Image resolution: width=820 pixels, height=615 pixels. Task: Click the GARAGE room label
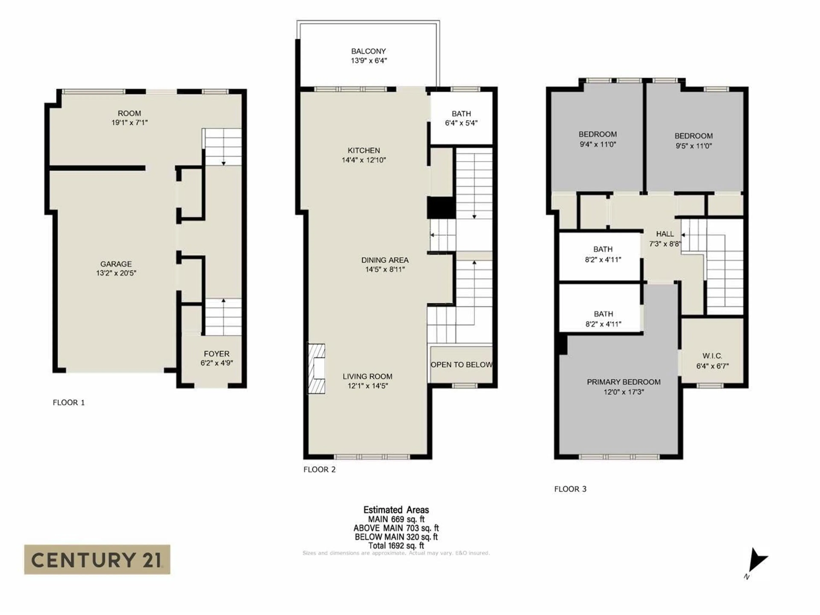tap(116, 264)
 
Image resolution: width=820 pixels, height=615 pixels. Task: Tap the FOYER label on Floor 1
tap(217, 354)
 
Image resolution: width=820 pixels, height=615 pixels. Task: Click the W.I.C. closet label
tap(712, 356)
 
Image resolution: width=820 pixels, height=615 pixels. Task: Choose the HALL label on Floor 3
tap(665, 234)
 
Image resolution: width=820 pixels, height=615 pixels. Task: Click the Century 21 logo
tap(97, 559)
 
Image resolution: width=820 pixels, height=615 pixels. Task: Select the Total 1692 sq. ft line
tap(396, 546)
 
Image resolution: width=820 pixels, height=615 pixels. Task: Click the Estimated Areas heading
tap(396, 510)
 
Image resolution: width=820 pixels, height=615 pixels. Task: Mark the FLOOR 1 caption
tap(69, 403)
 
